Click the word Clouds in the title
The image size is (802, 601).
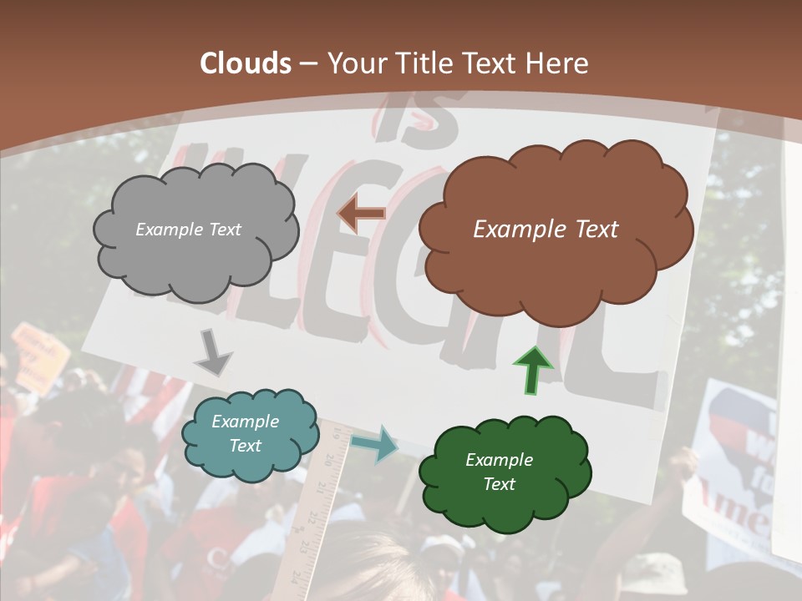point(245,63)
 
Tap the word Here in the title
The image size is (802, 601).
point(558,63)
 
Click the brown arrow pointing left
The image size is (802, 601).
point(361,214)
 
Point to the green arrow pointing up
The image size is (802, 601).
point(532,368)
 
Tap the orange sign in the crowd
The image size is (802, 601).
point(40,355)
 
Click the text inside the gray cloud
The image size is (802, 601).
point(188,229)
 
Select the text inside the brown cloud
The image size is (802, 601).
point(546,229)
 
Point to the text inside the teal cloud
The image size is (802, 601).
point(245,433)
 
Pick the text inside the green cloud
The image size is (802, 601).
point(499,472)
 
